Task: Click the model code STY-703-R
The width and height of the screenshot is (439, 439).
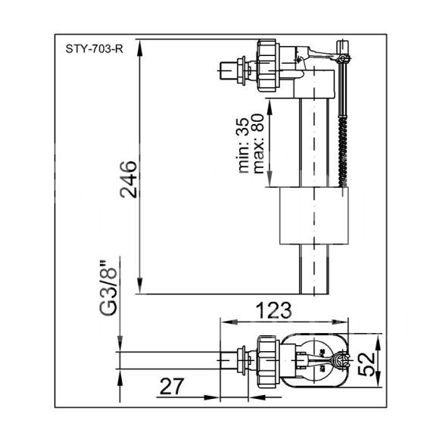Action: point(95,49)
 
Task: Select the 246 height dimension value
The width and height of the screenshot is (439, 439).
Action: point(129,179)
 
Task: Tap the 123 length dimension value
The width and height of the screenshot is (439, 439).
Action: point(274,310)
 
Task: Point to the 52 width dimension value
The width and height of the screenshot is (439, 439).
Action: point(366,363)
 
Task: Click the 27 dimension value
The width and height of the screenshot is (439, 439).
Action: point(172,386)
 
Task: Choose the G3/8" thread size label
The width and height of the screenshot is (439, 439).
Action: point(108,288)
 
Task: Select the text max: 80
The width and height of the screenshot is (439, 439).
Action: point(258,144)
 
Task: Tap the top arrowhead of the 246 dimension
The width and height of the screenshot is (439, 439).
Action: point(140,48)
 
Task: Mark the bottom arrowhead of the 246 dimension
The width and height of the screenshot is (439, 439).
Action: point(140,285)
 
